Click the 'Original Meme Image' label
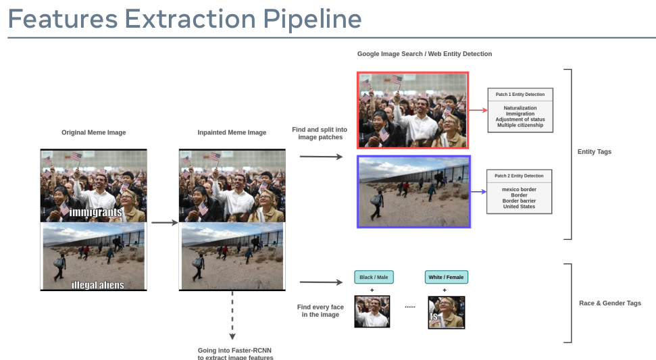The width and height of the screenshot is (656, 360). tap(93, 132)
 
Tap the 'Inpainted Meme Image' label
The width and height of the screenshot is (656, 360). tap(232, 132)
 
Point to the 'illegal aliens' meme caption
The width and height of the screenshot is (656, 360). tap(98, 284)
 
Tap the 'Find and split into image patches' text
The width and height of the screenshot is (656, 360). tap(320, 133)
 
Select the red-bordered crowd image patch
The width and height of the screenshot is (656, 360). tap(413, 110)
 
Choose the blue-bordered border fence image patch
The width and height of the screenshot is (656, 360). tap(413, 192)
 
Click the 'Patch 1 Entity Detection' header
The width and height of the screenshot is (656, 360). tap(520, 95)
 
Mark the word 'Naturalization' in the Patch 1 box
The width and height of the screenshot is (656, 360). tap(520, 108)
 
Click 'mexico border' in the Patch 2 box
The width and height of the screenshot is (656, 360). tap(519, 190)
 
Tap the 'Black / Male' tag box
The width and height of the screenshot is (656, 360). tap(374, 277)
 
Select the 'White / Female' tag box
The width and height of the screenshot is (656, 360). tap(446, 277)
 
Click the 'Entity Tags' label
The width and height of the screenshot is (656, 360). tap(595, 152)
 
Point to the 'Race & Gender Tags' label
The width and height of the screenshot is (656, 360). tap(610, 303)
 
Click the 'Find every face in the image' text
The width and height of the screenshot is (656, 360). tap(320, 311)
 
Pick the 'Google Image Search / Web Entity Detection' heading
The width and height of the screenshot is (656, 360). tap(424, 53)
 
